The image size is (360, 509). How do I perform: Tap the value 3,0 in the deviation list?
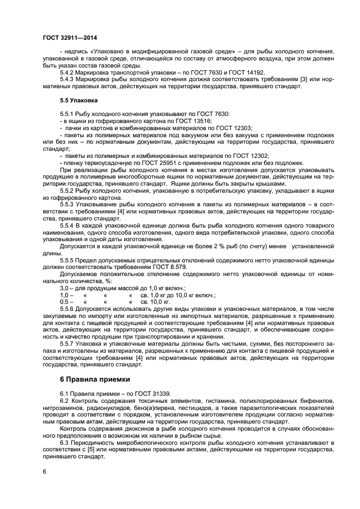click(64, 287)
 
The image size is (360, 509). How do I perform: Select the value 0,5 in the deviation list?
click(64, 301)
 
